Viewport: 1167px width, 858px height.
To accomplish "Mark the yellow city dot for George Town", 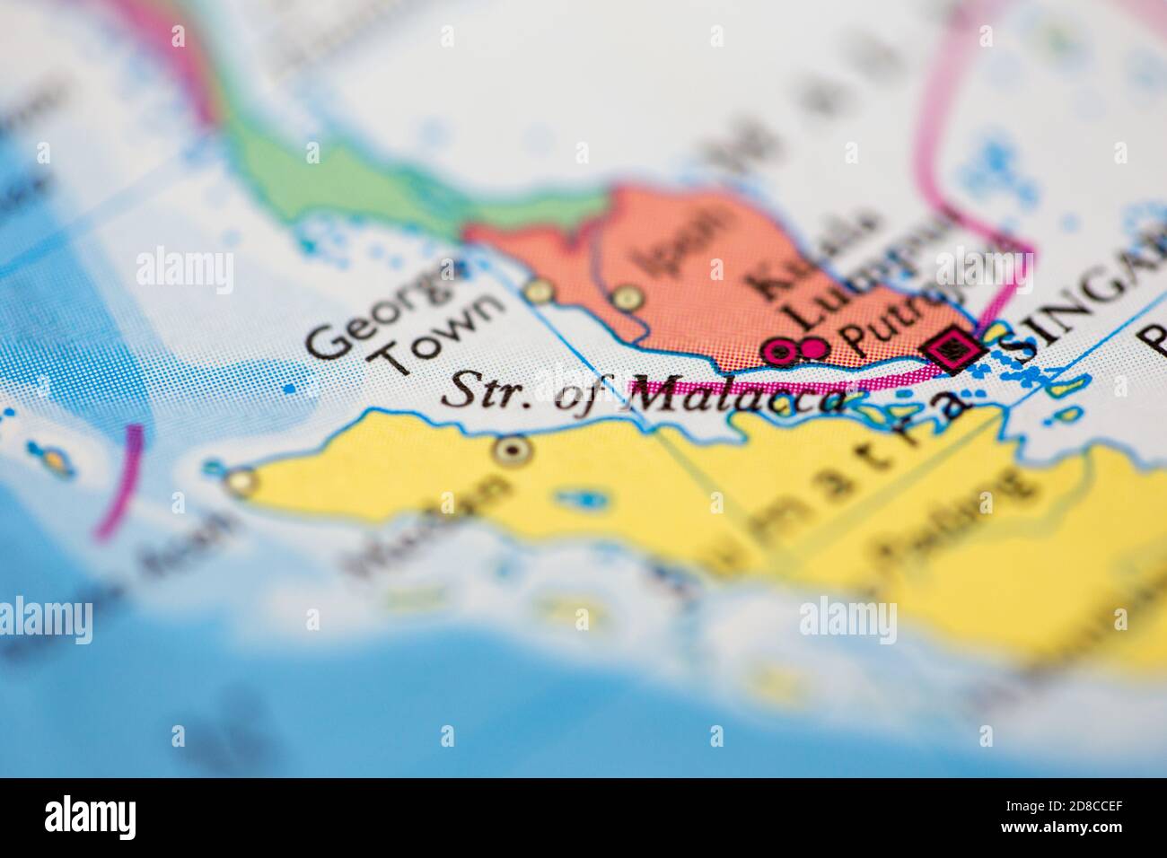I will click(x=539, y=292).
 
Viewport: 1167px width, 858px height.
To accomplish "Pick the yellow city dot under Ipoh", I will click(x=626, y=297).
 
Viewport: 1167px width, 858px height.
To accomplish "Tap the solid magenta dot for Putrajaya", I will click(x=814, y=347).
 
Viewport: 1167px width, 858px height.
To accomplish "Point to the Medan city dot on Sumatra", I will click(x=513, y=451).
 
